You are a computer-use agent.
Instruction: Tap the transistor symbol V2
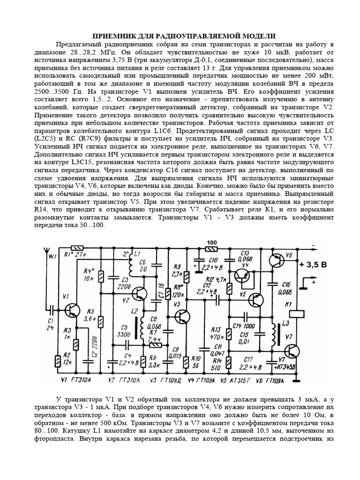[140, 293]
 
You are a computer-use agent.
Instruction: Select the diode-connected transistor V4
[243, 278]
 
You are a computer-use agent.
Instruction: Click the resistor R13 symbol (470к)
[228, 333]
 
